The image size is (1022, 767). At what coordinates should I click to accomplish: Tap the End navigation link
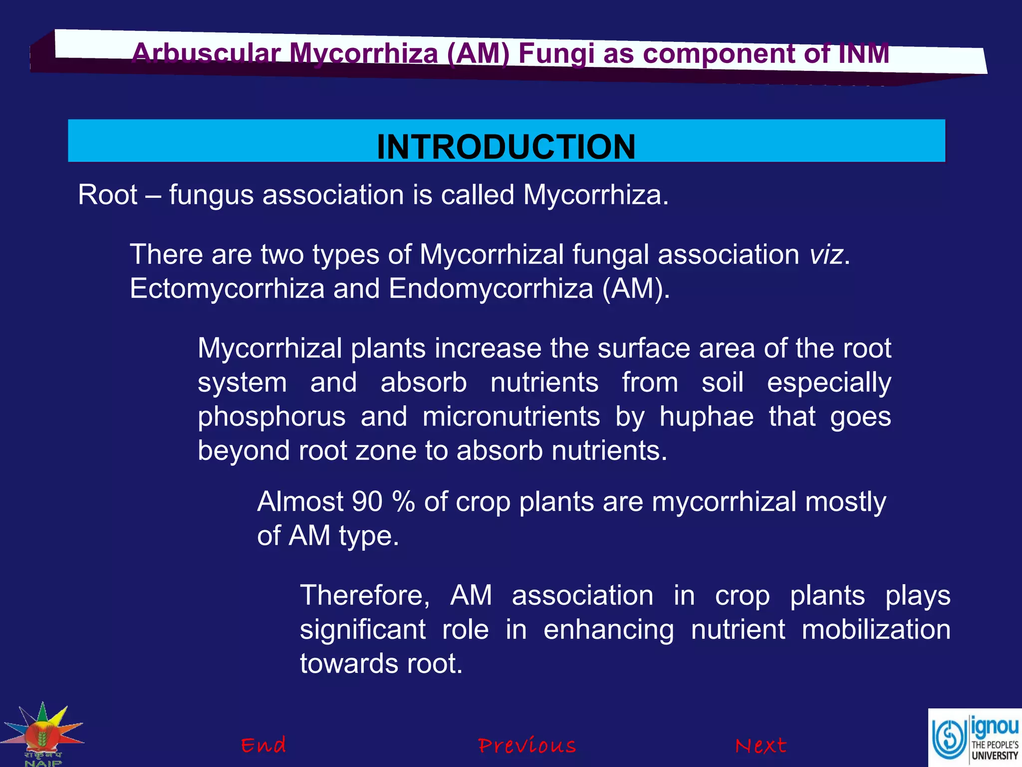[263, 745]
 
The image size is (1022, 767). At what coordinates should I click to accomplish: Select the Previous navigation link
[527, 746]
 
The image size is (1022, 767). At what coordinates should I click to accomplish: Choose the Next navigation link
[761, 746]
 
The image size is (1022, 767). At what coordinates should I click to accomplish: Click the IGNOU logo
[975, 737]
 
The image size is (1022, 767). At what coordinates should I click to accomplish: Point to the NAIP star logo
[43, 733]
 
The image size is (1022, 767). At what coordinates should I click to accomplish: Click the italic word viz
[826, 255]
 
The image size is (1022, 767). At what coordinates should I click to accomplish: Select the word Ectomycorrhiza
[227, 289]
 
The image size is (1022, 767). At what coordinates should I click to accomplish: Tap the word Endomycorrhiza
[491, 289]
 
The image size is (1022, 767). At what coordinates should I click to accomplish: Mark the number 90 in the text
[367, 501]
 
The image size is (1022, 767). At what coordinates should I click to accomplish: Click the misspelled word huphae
[706, 416]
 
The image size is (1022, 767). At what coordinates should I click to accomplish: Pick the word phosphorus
[271, 416]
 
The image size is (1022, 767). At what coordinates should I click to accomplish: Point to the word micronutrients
[511, 416]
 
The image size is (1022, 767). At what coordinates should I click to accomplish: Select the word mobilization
[876, 629]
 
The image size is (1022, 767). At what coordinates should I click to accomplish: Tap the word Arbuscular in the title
[206, 53]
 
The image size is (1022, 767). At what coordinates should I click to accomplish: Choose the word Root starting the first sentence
[107, 195]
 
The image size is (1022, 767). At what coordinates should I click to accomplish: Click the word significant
[362, 629]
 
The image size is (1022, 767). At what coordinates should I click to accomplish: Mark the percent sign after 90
[403, 501]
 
